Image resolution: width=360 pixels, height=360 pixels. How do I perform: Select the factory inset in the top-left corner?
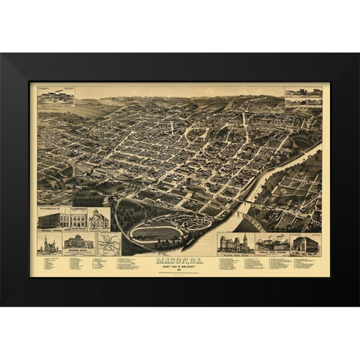(55, 96)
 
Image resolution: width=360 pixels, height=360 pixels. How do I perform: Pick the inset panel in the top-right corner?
(304, 95)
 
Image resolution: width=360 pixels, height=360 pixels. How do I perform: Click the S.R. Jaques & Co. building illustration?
(53, 219)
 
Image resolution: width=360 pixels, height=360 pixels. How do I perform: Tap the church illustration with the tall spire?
(47, 244)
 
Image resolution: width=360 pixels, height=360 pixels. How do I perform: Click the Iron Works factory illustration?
(272, 244)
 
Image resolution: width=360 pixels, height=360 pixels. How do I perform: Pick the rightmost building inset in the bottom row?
(305, 244)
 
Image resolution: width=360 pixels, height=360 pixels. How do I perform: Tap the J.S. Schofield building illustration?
(78, 219)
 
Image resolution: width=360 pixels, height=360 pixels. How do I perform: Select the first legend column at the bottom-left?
(50, 264)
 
